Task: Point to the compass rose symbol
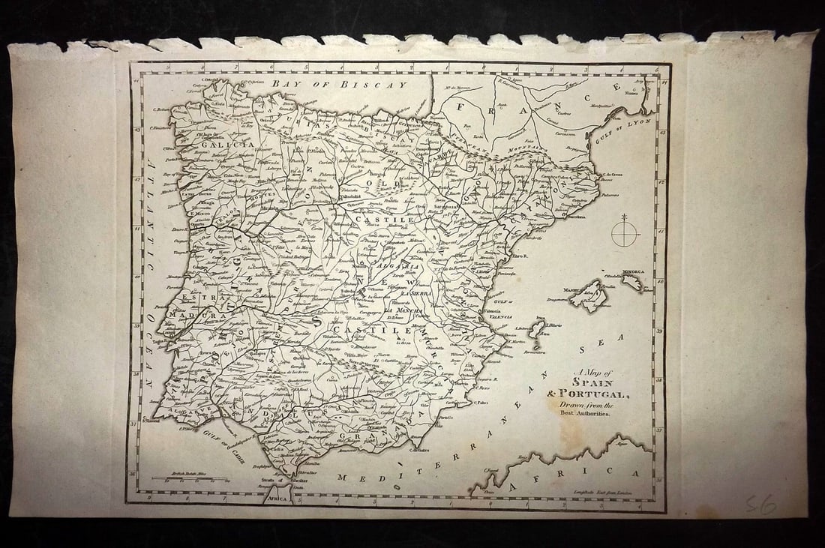(x=625, y=233)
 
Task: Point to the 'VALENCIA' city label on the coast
(x=487, y=317)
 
